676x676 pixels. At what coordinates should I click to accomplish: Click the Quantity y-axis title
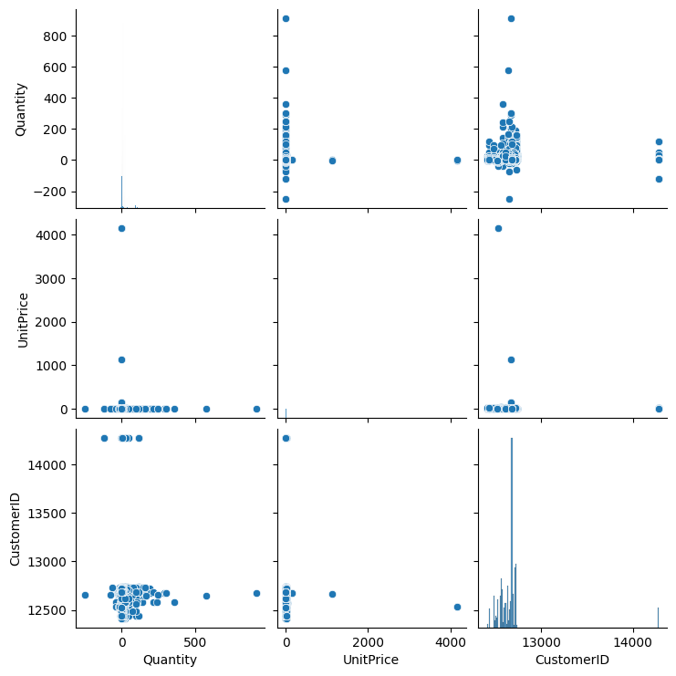(21, 109)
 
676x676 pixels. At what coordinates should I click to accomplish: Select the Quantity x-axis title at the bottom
(170, 659)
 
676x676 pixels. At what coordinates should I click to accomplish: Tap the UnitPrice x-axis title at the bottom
(371, 659)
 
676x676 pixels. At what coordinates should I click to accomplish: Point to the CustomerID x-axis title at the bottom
(572, 659)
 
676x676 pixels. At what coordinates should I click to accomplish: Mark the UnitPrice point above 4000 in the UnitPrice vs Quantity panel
(121, 228)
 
